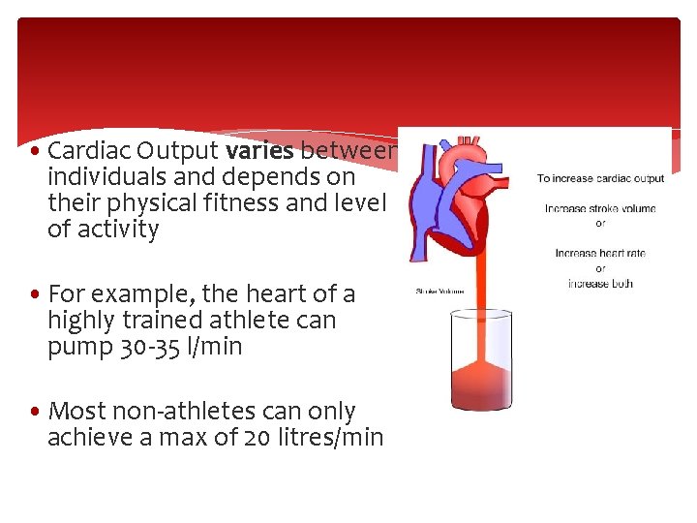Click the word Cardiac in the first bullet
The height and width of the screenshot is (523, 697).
point(87,151)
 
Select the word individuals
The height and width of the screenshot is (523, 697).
point(105,177)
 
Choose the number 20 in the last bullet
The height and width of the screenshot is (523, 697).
point(258,438)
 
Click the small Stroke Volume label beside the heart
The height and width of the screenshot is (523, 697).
point(439,291)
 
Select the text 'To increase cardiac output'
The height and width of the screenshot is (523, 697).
point(600,178)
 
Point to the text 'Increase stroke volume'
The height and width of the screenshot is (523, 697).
point(600,208)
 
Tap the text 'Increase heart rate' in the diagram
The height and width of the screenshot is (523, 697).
point(600,254)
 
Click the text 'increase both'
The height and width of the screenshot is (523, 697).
point(600,283)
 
